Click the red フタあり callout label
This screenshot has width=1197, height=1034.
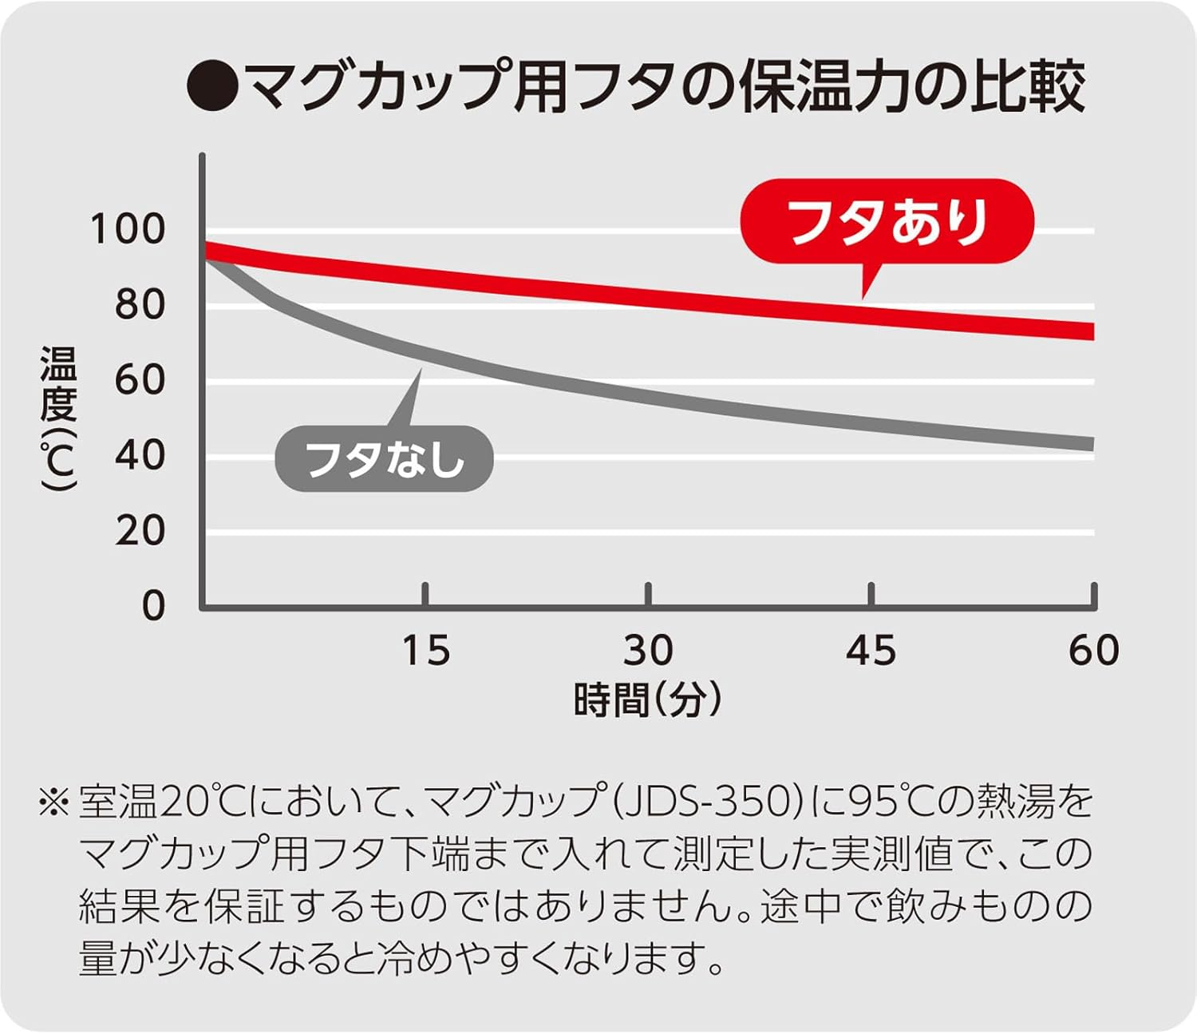click(887, 221)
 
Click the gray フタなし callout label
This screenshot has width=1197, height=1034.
click(384, 459)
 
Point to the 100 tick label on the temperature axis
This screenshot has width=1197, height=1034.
click(128, 229)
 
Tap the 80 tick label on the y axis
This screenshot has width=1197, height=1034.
click(140, 304)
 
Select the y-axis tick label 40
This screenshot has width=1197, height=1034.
click(140, 455)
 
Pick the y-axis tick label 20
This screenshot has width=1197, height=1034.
click(140, 530)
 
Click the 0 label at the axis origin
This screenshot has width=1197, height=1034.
click(153, 605)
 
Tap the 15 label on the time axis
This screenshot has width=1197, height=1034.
click(425, 650)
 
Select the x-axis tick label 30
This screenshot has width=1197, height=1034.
click(648, 650)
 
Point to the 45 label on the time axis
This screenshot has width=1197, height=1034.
click(871, 650)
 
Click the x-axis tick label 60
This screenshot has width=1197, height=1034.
click(1093, 650)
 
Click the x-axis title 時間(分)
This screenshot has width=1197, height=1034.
click(648, 699)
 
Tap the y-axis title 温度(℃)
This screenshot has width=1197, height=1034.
click(58, 419)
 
